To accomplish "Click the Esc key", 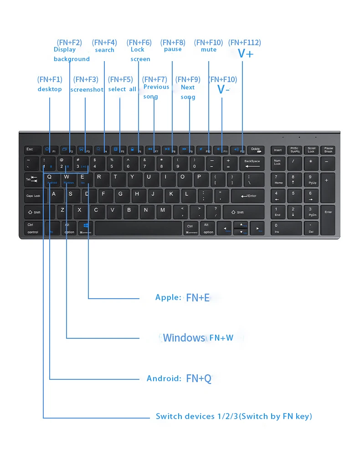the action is pos(31,150).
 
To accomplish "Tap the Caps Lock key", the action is pos(34,196).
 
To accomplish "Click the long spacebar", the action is pos(138,228).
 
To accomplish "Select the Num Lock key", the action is pos(278,162).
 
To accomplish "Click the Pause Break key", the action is pos(329,150).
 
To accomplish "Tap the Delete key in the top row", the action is pos(256,150).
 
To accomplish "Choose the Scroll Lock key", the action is pos(311,150).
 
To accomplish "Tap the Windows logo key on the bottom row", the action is pos(86,228).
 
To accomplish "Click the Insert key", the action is pos(278,150).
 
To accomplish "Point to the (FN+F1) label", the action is pos(50,79).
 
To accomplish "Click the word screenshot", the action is pos(87,90).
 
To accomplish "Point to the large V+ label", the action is pos(246,53).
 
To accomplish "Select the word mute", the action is pos(209,50).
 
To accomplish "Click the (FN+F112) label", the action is pos(245,42).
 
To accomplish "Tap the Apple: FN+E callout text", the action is pos(182,298).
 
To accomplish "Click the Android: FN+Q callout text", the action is pos(179,378).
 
